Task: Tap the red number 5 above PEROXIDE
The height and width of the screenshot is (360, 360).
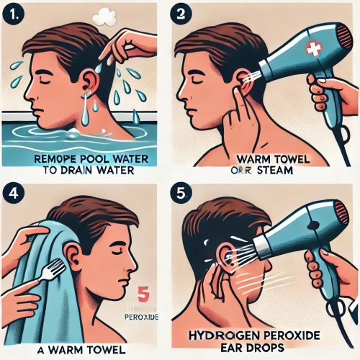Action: pyautogui.click(x=143, y=294)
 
